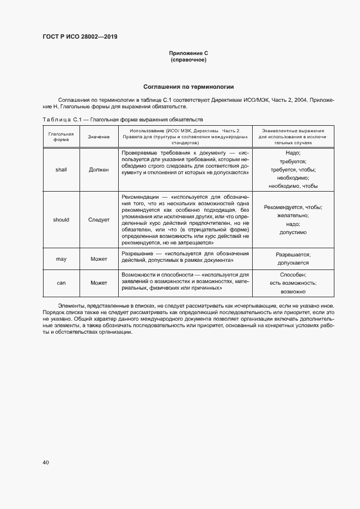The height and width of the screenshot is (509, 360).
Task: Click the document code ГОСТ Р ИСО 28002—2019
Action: (x=80, y=37)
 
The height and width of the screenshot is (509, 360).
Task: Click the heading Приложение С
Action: (x=188, y=53)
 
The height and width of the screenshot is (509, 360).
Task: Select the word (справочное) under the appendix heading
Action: (x=188, y=59)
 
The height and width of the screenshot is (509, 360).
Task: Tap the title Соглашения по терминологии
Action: (x=188, y=87)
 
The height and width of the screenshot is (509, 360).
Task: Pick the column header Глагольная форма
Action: (x=61, y=136)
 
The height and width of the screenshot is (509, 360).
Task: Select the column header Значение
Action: (x=99, y=137)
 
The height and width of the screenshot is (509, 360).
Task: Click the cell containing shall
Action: (x=61, y=169)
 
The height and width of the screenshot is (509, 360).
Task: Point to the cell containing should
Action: (x=61, y=220)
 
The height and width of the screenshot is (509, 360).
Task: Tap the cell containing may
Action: (x=61, y=259)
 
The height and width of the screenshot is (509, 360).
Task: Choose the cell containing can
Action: (x=61, y=283)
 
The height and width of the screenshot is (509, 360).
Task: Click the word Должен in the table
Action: (x=99, y=169)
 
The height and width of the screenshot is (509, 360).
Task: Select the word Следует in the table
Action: (x=99, y=220)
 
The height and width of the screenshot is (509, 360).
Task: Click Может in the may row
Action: (x=99, y=259)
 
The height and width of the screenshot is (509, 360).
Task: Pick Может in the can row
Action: (x=99, y=283)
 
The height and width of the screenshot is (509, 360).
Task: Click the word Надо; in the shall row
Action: (x=293, y=153)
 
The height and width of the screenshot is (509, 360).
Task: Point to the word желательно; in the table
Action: (x=293, y=216)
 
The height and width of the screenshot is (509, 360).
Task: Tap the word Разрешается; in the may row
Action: (x=293, y=254)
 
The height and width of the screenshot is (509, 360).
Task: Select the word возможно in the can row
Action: (x=293, y=292)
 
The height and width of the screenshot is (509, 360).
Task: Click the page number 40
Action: (x=46, y=462)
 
